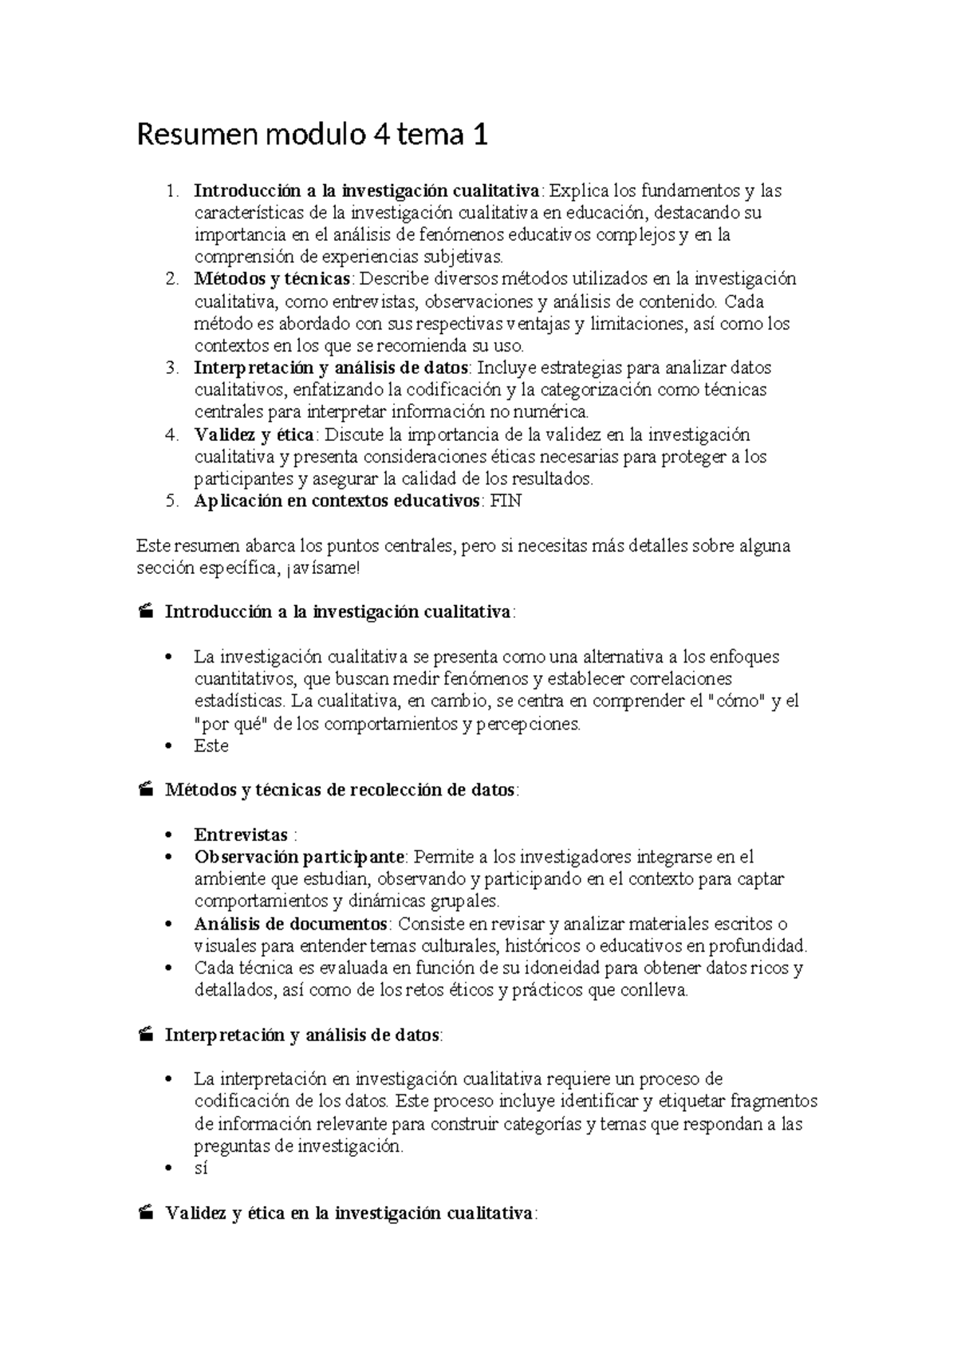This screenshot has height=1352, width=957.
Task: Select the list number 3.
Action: (x=171, y=368)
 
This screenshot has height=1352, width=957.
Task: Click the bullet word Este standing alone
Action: (x=211, y=746)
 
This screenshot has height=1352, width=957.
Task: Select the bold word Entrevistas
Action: (x=241, y=835)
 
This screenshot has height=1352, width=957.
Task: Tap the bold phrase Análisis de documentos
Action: (x=291, y=925)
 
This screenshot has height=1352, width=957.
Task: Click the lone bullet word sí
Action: (x=201, y=1169)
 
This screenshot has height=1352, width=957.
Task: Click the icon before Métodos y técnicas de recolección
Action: (x=145, y=791)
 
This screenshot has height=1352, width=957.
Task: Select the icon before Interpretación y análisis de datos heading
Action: (x=145, y=1036)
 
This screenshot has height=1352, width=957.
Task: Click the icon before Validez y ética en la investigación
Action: (x=145, y=1214)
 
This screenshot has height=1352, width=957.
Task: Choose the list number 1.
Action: (x=171, y=191)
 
